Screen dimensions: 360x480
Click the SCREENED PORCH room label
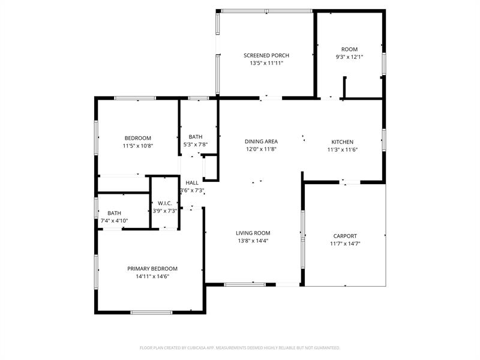(x=266, y=55)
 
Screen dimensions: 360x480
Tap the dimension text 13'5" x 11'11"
(x=266, y=63)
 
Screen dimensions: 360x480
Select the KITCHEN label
(x=343, y=142)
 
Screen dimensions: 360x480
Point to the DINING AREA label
(x=261, y=142)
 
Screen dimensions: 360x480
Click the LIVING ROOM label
(x=253, y=233)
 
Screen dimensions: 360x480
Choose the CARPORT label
(x=345, y=236)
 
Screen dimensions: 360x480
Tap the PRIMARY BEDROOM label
(x=152, y=269)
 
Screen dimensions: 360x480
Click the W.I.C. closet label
(x=164, y=203)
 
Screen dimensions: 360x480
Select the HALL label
(x=192, y=183)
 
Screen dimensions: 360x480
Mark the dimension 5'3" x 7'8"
(x=196, y=145)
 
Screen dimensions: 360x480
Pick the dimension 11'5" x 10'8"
(x=138, y=146)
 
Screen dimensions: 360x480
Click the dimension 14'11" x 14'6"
(x=152, y=277)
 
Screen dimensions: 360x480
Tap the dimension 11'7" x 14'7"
(x=345, y=244)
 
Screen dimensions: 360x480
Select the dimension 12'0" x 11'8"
(x=261, y=149)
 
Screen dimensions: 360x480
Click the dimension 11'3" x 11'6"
(x=343, y=150)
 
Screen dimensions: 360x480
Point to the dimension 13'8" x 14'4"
(x=253, y=241)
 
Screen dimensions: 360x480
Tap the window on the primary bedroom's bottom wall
(x=151, y=312)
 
